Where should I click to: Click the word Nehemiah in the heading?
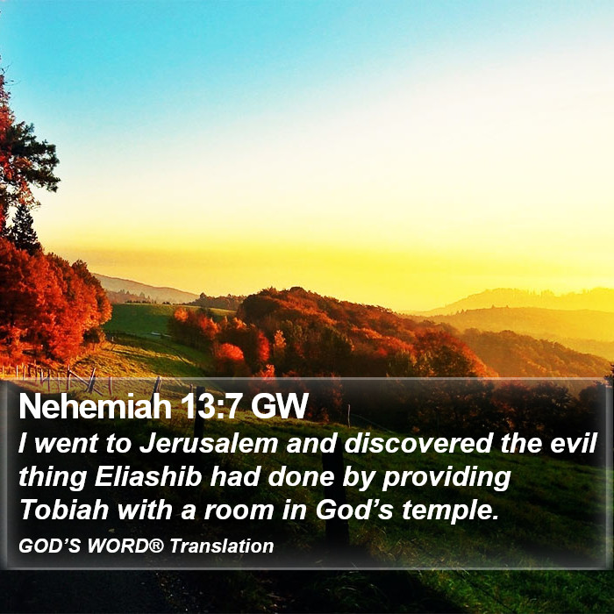click(x=95, y=406)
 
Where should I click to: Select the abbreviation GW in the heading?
click(x=280, y=406)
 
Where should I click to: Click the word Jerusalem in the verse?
click(x=209, y=444)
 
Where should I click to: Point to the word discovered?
click(x=418, y=444)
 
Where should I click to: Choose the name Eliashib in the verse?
click(x=148, y=476)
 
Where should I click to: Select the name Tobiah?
click(x=64, y=510)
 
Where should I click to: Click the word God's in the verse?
click(x=354, y=510)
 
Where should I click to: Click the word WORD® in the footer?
click(x=125, y=546)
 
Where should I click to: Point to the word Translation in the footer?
click(x=222, y=546)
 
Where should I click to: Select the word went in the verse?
click(x=67, y=445)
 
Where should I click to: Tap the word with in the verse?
click(x=145, y=510)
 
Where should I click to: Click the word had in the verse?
click(x=234, y=476)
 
